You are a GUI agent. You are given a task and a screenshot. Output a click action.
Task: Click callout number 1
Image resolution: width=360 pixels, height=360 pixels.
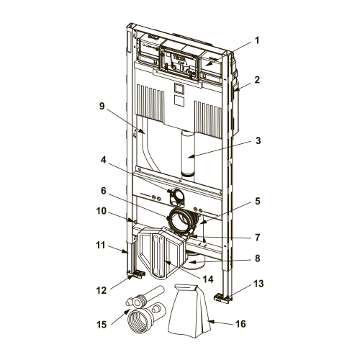tap(257, 40)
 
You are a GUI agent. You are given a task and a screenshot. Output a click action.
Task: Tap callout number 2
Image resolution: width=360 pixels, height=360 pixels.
tap(257, 80)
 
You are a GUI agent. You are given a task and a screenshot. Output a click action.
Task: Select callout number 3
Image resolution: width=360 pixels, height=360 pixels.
tap(258, 141)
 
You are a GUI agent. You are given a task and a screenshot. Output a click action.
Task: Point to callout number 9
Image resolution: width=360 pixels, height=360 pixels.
tap(102, 106)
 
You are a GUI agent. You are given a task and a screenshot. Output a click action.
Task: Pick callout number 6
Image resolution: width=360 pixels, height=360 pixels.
tap(104, 191)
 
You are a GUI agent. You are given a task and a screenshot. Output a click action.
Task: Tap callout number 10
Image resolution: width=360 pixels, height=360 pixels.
tap(101, 211)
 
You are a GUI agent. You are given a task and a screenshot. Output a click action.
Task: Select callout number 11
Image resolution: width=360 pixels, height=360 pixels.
tap(101, 246)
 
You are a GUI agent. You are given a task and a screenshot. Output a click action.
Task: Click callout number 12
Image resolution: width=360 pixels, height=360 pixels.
tap(101, 290)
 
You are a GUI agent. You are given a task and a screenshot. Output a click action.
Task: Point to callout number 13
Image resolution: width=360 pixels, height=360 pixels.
tap(258, 284)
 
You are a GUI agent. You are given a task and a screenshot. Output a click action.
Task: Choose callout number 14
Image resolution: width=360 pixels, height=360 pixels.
tap(208, 279)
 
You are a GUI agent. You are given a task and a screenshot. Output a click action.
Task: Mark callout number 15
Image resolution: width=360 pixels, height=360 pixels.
tap(101, 325)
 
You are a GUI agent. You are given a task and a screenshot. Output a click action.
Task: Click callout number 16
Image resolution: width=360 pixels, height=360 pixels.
tap(240, 324)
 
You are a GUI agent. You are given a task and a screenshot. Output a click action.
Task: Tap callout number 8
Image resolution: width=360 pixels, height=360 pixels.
tap(258, 258)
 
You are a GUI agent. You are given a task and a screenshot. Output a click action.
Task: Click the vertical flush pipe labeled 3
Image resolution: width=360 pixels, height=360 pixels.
tap(188, 153)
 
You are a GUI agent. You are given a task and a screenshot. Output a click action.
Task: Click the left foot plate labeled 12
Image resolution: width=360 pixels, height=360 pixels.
tap(136, 274)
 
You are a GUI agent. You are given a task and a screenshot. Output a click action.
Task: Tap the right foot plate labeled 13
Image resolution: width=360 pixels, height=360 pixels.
tap(223, 297)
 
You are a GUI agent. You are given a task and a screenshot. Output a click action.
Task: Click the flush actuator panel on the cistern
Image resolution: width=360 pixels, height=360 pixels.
tap(180, 64)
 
